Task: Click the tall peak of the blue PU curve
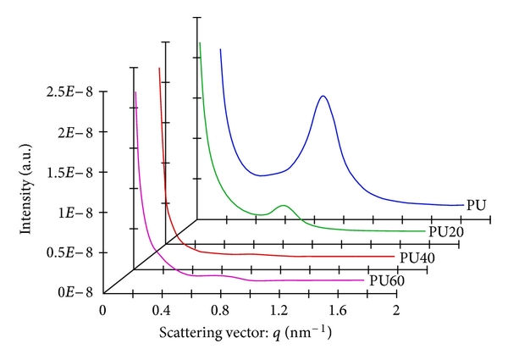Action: (x=323, y=97)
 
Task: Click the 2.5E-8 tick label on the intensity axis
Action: (x=70, y=91)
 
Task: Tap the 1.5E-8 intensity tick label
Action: (x=70, y=172)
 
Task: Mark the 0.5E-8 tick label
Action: (x=70, y=252)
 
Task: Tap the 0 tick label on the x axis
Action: (x=103, y=310)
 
